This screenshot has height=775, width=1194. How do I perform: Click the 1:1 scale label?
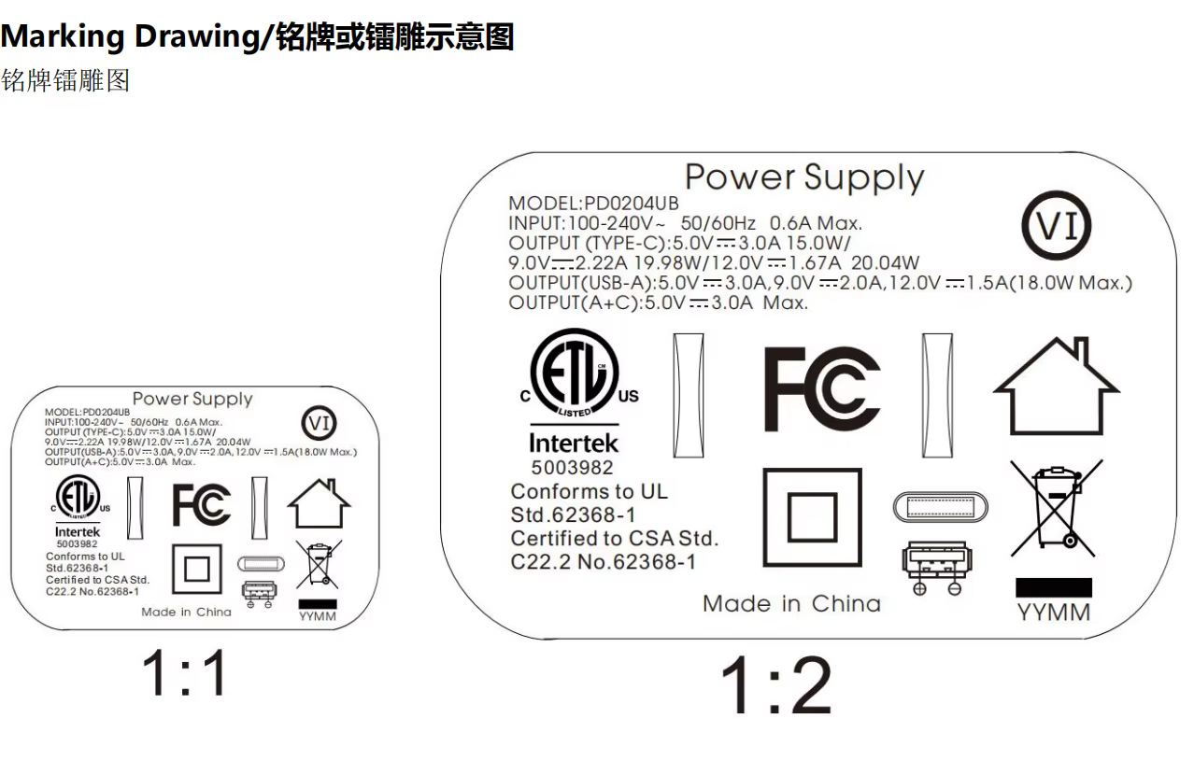(x=184, y=674)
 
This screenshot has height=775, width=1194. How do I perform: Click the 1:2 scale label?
(x=775, y=686)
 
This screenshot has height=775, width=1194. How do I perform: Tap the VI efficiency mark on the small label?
(x=320, y=423)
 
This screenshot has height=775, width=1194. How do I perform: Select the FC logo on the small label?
(x=202, y=505)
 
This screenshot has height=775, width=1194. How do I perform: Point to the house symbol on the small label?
(x=319, y=503)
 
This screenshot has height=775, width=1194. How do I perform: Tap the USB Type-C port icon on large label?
(x=940, y=507)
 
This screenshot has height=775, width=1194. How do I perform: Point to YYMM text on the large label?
(x=1054, y=613)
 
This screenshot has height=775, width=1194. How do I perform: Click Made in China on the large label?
(x=791, y=604)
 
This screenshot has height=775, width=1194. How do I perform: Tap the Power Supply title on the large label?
(x=804, y=177)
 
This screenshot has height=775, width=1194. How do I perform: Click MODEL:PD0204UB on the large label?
(x=593, y=204)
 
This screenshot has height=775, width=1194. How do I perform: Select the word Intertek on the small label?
(x=78, y=531)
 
